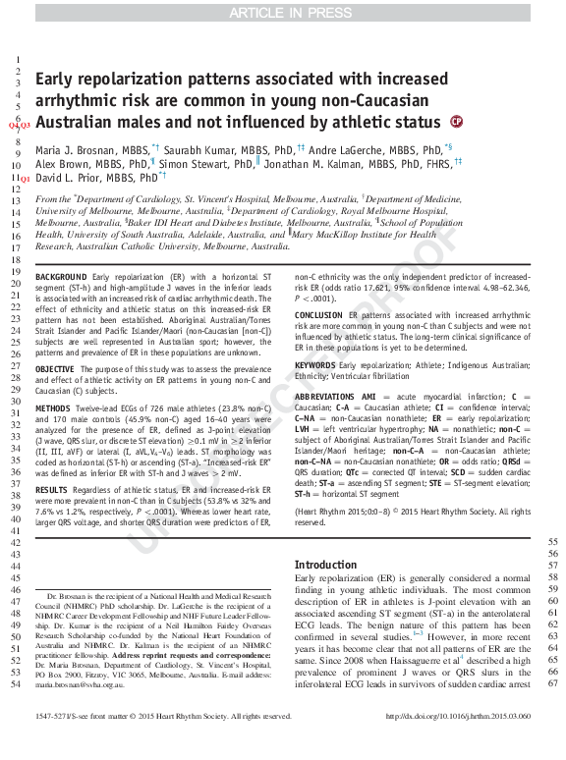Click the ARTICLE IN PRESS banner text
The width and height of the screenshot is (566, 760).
283,12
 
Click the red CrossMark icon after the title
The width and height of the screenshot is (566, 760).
456,122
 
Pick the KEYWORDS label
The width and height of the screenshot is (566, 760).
316,364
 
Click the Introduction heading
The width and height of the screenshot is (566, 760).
326,565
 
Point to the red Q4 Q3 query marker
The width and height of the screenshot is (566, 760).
20,126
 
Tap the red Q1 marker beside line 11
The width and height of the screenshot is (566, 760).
25,179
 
